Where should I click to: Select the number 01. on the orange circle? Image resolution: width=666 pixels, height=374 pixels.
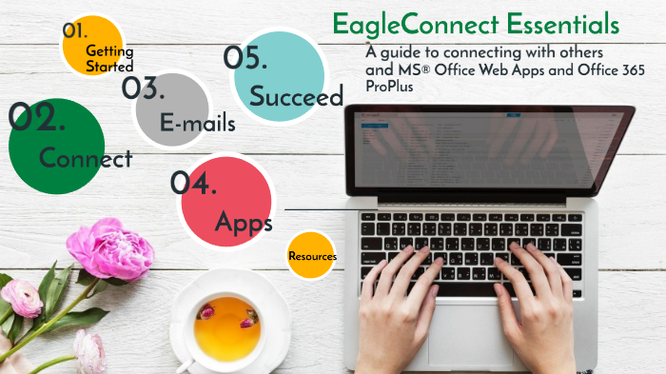coord(76,30)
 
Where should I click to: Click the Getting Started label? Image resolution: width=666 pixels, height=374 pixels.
coord(109,58)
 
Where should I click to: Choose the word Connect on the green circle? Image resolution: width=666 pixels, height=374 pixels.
coord(86,158)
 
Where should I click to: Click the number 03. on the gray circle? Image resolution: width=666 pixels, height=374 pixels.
coord(145,89)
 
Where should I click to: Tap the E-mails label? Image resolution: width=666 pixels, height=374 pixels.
coord(198,122)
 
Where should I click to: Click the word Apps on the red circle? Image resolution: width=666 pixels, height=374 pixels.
coord(244,223)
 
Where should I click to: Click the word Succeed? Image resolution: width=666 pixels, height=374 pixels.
coord(296,96)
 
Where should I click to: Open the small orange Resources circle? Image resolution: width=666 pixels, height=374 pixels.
coord(312,256)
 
